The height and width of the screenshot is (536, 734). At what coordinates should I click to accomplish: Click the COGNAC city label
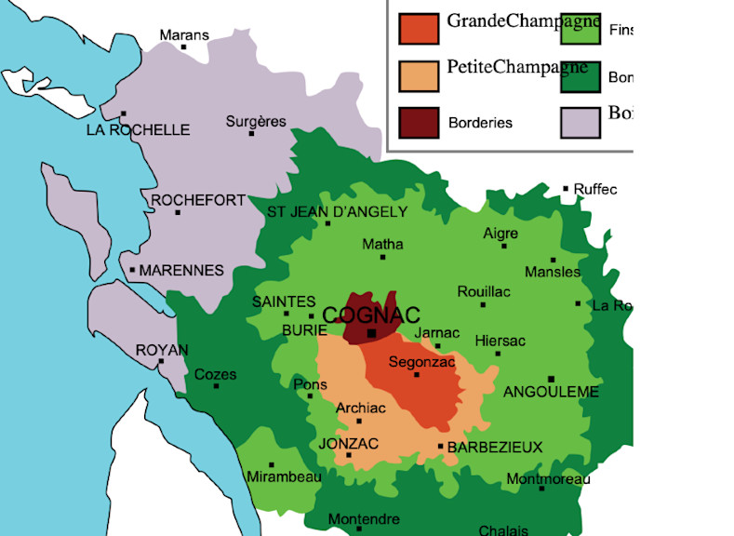click(371, 315)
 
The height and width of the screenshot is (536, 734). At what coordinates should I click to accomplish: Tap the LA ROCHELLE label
click(138, 130)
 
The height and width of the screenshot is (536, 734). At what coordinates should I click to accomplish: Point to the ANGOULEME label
click(551, 393)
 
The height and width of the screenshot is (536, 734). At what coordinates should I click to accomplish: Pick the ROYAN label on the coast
click(162, 350)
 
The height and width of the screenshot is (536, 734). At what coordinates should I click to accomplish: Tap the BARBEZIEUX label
click(495, 448)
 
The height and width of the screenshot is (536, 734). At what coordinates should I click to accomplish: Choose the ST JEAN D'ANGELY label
click(337, 212)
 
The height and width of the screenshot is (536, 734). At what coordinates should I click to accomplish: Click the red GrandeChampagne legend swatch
click(418, 28)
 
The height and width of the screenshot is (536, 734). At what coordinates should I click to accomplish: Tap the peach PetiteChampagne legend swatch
click(418, 75)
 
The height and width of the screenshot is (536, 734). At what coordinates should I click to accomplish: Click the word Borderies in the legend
click(480, 123)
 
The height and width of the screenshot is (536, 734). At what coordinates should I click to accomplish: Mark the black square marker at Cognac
click(371, 333)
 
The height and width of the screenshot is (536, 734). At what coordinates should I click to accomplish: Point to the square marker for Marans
click(184, 47)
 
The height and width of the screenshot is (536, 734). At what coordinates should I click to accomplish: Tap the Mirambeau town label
click(285, 477)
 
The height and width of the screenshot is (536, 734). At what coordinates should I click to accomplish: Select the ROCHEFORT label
click(198, 200)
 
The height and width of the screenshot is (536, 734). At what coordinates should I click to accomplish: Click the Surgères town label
click(256, 122)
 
